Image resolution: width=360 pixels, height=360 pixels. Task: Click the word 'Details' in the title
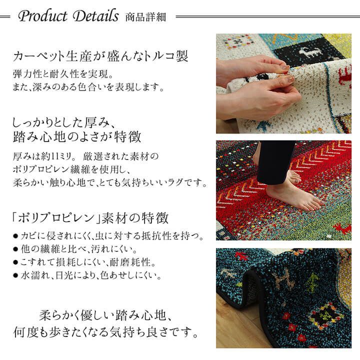pyautogui.click(x=95, y=17)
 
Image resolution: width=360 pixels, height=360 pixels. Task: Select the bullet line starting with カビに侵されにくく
pyautogui.click(x=110, y=235)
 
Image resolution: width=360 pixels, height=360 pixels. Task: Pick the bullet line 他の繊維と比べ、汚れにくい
pyautogui.click(x=80, y=248)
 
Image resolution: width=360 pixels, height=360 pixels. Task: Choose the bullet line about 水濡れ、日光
pyautogui.click(x=90, y=274)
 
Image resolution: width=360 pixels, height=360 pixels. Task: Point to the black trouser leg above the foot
pyautogui.click(x=272, y=160)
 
